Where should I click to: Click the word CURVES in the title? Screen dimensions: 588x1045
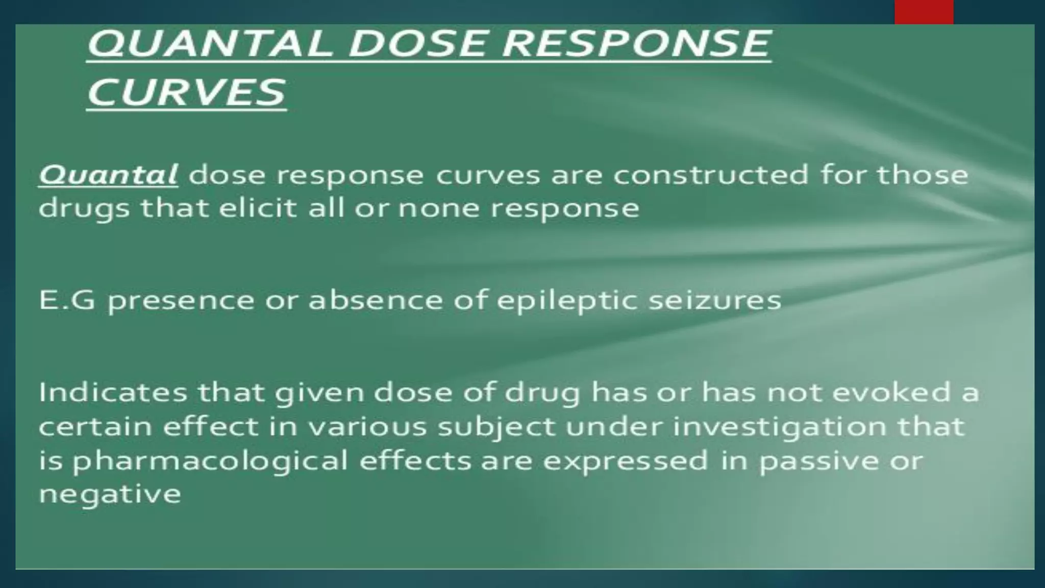click(186, 92)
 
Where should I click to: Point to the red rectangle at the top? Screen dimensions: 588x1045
click(924, 12)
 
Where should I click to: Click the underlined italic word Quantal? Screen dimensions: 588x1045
click(108, 175)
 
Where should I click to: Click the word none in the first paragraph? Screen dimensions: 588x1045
click(438, 208)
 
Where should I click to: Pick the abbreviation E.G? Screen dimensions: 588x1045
click(67, 300)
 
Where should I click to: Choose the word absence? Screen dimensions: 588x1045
click(376, 300)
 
